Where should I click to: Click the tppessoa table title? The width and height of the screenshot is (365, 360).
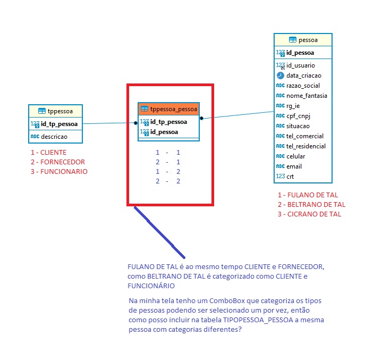coord(60,111)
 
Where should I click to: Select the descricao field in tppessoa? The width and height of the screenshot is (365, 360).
coord(54,137)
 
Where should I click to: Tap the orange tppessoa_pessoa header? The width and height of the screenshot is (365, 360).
coord(169,109)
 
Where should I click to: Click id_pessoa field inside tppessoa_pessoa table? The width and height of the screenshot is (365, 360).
coord(164,132)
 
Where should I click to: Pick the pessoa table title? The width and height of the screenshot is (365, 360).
coord(308,40)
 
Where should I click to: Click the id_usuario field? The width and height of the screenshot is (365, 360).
coord(301,65)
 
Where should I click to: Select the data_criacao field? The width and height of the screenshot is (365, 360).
coord(304,76)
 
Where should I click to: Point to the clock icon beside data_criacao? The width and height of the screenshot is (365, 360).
coord(281,76)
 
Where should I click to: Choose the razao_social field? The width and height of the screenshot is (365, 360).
coord(303,86)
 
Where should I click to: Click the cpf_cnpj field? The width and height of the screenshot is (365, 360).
coord(298,116)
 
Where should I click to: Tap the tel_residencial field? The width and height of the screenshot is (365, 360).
coord(306,146)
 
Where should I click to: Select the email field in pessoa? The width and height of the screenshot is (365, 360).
coord(294,166)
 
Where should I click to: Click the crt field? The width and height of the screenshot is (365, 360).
coord(290,177)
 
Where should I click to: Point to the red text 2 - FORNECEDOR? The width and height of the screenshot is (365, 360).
coord(58,162)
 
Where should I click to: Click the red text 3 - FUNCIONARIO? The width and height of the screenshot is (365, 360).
coord(59,172)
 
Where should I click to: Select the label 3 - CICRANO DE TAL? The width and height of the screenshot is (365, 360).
coord(309,214)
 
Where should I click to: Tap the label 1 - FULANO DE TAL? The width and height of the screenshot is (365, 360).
coord(308,195)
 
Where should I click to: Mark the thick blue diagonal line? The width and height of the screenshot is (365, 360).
coord(160,232)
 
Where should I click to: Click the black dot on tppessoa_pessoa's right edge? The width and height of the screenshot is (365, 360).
coord(201,118)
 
